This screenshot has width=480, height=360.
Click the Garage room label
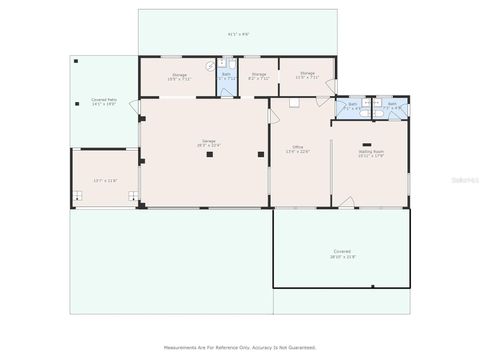209,142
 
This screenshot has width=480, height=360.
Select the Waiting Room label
372,153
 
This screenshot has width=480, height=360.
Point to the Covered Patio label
104,101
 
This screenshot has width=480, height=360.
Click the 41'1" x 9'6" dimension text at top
238,34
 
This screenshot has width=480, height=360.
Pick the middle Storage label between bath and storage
258,74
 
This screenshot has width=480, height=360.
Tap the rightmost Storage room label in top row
306,74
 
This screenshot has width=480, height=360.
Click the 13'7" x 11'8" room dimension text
104,180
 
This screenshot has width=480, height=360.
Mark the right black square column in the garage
261,155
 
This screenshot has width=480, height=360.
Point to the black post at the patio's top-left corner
74,58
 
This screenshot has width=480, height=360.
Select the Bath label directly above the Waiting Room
392,104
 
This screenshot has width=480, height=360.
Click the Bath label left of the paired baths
352,104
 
